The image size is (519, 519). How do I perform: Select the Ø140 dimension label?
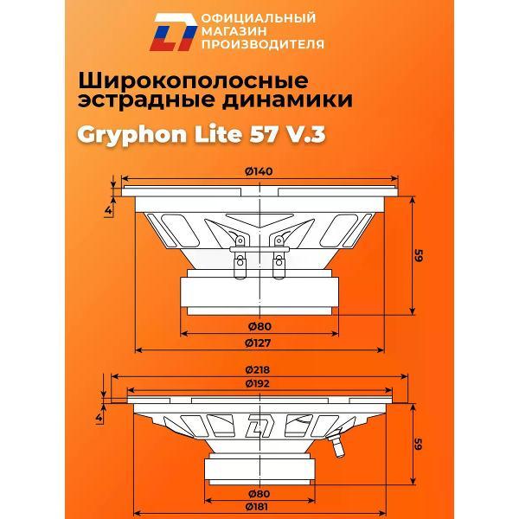tap(259, 171)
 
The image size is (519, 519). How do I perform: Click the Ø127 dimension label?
tap(259, 342)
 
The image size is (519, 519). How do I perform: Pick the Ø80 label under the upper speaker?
tap(259, 326)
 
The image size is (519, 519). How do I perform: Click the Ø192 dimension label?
tap(259, 382)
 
